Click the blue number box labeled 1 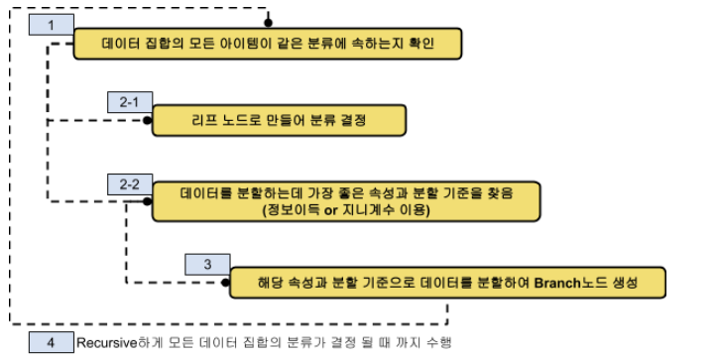[x=52, y=25]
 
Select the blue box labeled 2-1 [x=130, y=102]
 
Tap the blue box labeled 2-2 [x=130, y=184]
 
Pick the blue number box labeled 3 [x=207, y=264]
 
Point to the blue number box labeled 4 [x=52, y=342]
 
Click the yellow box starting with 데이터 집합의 [x=268, y=44]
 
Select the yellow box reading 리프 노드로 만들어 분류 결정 [x=279, y=120]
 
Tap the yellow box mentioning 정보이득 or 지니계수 [x=346, y=201]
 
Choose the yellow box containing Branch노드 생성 [x=447, y=283]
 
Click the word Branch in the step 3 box [x=557, y=283]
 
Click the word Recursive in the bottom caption [x=107, y=342]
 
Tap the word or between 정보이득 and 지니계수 [x=331, y=210]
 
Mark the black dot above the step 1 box [x=269, y=23]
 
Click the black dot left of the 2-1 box [x=147, y=120]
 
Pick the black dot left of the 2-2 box [x=147, y=201]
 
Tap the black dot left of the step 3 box [x=225, y=283]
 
